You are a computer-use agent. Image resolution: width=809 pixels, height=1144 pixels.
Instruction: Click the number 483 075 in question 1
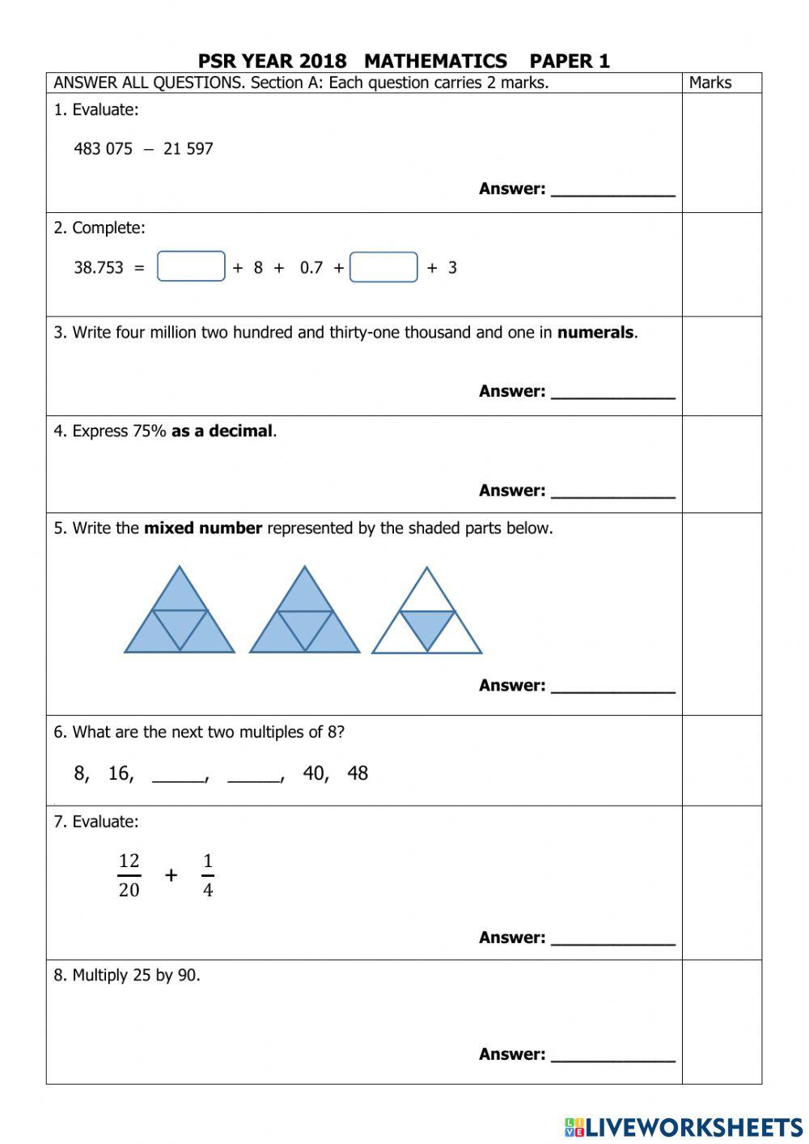tap(103, 149)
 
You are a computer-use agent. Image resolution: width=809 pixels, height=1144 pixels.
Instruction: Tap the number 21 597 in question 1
tap(188, 149)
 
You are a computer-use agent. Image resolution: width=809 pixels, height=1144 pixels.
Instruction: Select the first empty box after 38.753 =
tap(191, 266)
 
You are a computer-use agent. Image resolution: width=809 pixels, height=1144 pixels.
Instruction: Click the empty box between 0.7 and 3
tap(383, 267)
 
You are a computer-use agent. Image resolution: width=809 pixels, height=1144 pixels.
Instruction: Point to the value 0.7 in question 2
tap(311, 268)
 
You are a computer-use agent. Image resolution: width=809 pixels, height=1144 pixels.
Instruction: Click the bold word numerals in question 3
tap(595, 333)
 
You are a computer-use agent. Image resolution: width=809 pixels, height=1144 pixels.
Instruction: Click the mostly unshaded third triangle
tap(426, 615)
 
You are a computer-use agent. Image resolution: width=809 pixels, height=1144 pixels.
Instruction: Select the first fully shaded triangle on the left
tap(179, 615)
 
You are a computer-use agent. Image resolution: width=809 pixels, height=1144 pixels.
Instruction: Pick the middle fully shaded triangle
tap(304, 615)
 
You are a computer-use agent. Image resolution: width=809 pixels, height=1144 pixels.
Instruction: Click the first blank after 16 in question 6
tap(179, 776)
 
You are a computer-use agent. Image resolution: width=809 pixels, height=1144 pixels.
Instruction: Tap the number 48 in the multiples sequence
tap(358, 773)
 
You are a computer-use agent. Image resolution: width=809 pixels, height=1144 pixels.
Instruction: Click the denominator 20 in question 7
tap(129, 891)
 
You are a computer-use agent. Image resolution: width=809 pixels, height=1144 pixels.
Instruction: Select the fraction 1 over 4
tap(208, 875)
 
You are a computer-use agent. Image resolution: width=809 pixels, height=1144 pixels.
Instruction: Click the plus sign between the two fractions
tap(171, 875)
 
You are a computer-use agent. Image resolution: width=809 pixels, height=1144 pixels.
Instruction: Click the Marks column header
tap(710, 83)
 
